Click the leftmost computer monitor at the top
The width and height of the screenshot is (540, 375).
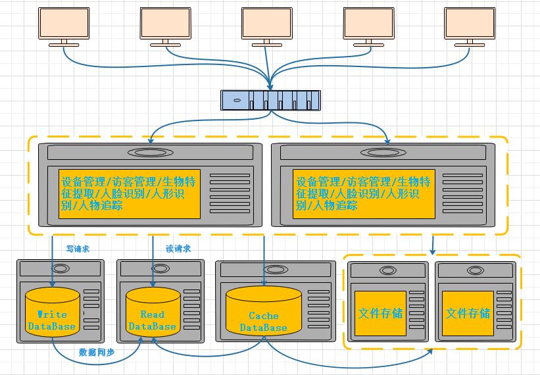[64, 23]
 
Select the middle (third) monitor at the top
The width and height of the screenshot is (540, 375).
[266, 23]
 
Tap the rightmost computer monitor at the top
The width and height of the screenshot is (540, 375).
[469, 23]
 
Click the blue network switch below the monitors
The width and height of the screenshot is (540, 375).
[270, 100]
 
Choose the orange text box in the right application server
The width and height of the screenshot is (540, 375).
[365, 193]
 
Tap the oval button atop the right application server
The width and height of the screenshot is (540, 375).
[385, 153]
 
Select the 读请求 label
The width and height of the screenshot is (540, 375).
[178, 249]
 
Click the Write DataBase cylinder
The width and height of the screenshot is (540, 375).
[52, 312]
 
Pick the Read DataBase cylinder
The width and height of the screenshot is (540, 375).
[152, 312]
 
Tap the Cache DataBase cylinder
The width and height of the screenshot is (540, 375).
[263, 312]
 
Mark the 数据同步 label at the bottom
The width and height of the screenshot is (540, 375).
[97, 352]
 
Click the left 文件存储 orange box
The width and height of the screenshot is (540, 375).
[380, 313]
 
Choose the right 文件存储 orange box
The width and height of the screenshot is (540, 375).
[468, 313]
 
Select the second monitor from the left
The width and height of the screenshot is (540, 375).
[165, 23]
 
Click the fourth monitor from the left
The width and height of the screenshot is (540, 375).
[368, 23]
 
